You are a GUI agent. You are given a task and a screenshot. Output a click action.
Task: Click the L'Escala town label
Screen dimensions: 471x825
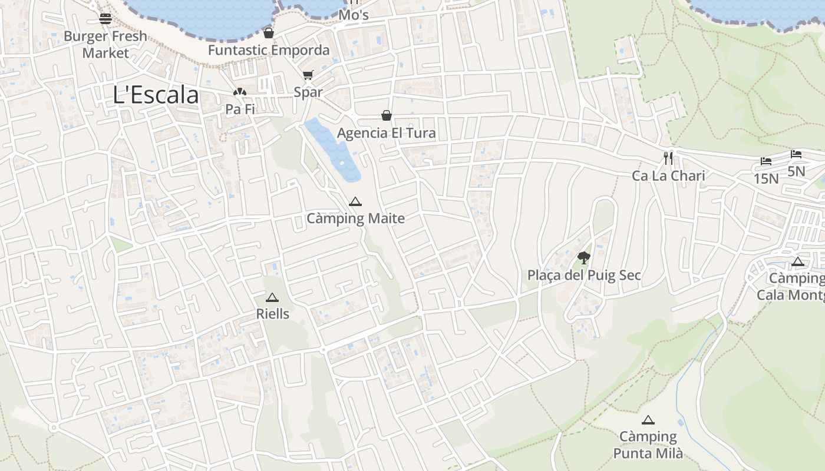point(156,95)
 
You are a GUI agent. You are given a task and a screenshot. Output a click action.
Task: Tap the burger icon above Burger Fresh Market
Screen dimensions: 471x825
point(105,18)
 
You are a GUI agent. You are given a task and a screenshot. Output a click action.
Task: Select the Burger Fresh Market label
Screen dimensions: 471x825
point(105,44)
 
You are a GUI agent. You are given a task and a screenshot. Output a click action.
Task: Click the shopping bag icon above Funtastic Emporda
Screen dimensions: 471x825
point(269,33)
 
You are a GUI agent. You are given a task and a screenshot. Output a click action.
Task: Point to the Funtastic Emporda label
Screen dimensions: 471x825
point(269,50)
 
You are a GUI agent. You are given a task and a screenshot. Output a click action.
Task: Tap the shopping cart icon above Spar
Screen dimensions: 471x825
point(308,75)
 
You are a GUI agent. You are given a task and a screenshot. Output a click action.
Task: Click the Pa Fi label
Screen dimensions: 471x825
point(240,110)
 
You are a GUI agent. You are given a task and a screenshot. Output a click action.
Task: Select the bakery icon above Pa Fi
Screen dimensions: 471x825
point(239,92)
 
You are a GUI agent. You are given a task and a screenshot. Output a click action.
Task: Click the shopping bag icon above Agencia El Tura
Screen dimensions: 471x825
point(387,115)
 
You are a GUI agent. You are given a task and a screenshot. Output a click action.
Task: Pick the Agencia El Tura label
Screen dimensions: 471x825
point(387,133)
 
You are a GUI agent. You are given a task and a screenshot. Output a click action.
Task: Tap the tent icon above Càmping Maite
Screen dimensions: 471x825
point(355,201)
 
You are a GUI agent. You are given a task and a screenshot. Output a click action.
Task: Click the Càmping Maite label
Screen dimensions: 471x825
point(355,219)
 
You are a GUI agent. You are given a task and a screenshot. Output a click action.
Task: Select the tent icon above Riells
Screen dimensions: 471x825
point(272,297)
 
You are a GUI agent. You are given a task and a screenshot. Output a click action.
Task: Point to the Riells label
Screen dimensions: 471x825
point(273,314)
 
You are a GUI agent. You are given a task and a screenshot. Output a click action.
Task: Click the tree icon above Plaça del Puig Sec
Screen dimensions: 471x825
point(583,257)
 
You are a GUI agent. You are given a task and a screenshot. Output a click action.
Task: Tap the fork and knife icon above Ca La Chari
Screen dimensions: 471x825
point(668,158)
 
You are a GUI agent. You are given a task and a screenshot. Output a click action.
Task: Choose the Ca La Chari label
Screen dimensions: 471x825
point(668,175)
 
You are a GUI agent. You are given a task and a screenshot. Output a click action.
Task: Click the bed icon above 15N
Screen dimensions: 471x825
point(766,161)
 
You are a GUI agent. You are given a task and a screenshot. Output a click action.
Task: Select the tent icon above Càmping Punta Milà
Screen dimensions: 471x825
point(648,420)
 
